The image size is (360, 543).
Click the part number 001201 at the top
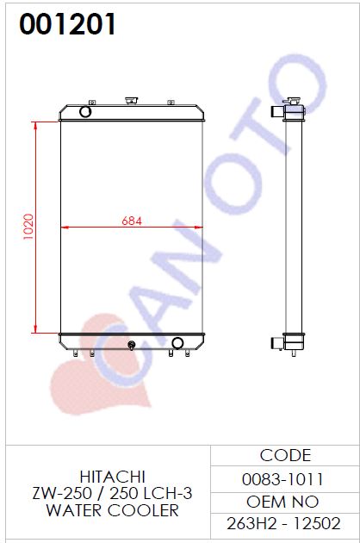click(67, 24)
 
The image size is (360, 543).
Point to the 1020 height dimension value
click(28, 227)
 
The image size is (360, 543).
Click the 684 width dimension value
click(132, 221)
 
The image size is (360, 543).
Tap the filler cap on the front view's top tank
click(132, 101)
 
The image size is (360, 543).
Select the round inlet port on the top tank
click(85, 111)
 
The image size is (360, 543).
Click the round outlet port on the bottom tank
click(177, 343)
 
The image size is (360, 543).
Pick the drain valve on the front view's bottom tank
click(131, 346)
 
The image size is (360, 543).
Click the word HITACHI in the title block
click(113, 477)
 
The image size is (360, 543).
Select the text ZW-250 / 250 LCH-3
click(112, 493)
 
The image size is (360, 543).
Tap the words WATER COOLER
click(113, 510)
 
